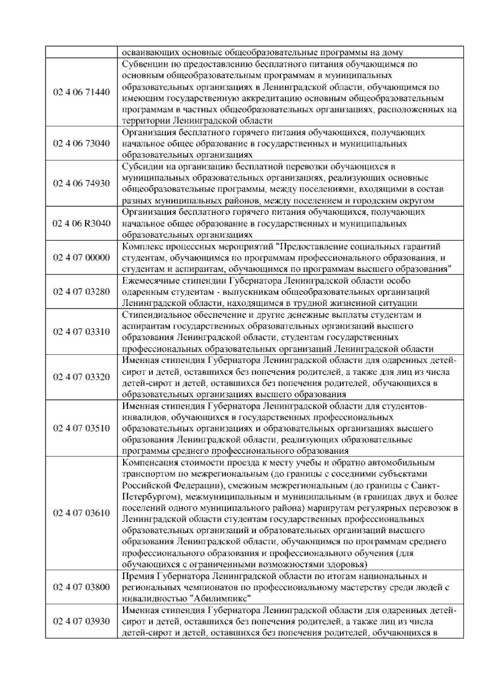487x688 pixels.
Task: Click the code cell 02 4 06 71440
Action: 82,92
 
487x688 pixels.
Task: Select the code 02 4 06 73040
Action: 82,144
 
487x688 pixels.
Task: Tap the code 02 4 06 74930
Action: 82,183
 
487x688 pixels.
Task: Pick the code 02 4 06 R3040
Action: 82,224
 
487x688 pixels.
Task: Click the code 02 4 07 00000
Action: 82,258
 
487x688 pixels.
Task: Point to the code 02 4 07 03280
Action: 82,292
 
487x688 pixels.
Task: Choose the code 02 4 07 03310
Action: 82,331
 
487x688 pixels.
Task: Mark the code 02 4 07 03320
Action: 82,377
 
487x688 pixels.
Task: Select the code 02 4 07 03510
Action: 82,428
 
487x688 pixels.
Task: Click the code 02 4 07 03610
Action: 82,513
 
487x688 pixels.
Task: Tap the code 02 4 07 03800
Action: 82,587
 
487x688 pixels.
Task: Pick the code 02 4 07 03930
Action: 82,621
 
